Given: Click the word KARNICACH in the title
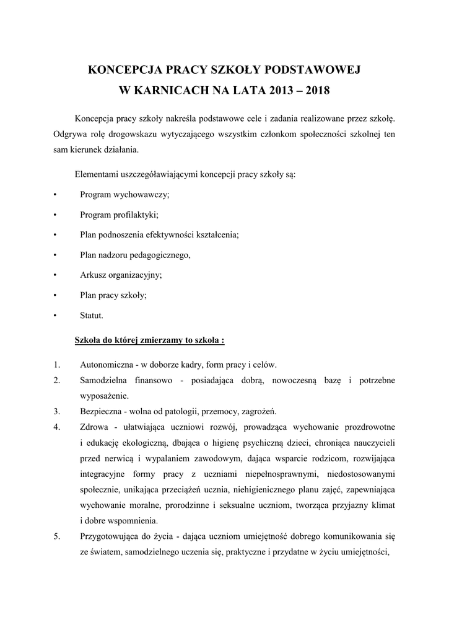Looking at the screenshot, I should (x=174, y=91).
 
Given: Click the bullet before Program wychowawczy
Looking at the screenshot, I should (x=56, y=195).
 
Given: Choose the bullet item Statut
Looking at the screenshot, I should (x=92, y=315).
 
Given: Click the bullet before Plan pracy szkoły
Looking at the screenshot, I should (x=56, y=295).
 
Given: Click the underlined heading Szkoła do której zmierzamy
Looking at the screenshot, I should (x=149, y=340).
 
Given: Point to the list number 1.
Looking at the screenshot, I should (x=56, y=365).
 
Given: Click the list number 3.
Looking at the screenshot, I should (x=56, y=411).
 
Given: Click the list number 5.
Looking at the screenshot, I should (x=56, y=536).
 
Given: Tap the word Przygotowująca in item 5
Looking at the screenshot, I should (x=110, y=536).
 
